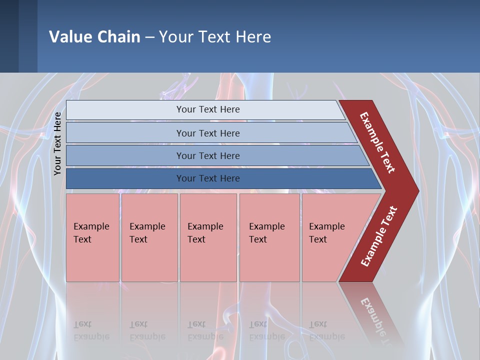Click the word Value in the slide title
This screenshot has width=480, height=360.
69,36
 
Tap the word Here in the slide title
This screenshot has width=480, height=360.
253,36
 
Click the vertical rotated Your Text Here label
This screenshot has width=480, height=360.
57,143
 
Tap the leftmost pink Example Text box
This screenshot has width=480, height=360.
92,237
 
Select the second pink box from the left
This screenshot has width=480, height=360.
149,237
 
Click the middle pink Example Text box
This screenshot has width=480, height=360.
208,237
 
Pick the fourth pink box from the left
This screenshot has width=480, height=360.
269,237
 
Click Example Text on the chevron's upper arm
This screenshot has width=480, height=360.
377,142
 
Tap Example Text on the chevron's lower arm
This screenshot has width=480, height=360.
379,236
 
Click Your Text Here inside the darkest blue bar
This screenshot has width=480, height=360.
208,178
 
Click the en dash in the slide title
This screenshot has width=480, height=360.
149,37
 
